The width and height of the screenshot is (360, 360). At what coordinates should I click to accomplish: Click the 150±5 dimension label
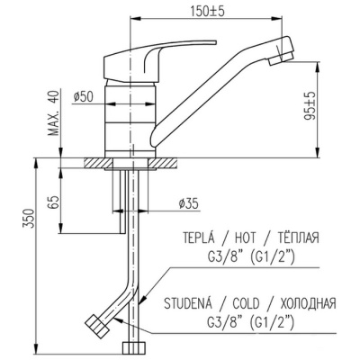(208, 12)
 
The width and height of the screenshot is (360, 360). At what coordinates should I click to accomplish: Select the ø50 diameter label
(84, 97)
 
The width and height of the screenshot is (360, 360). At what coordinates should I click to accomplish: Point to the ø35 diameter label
(188, 204)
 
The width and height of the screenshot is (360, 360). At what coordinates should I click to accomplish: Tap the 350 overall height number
(30, 219)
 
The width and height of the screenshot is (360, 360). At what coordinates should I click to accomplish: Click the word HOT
(245, 238)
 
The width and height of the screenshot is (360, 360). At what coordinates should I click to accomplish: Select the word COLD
(246, 304)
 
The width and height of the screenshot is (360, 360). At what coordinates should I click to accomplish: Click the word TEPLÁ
(199, 238)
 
